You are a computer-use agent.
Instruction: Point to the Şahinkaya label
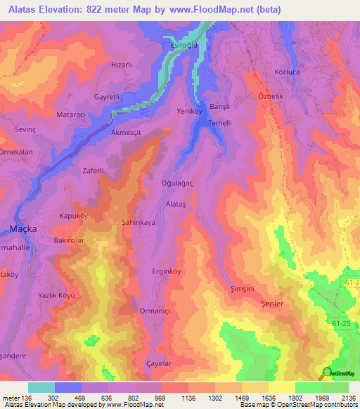coord(138,221)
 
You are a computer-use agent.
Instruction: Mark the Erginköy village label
coord(167,271)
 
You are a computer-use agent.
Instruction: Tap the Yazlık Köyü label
coord(57,296)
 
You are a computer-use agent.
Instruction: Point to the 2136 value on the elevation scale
coord(345,397)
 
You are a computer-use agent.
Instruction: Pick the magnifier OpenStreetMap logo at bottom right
coord(326,373)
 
